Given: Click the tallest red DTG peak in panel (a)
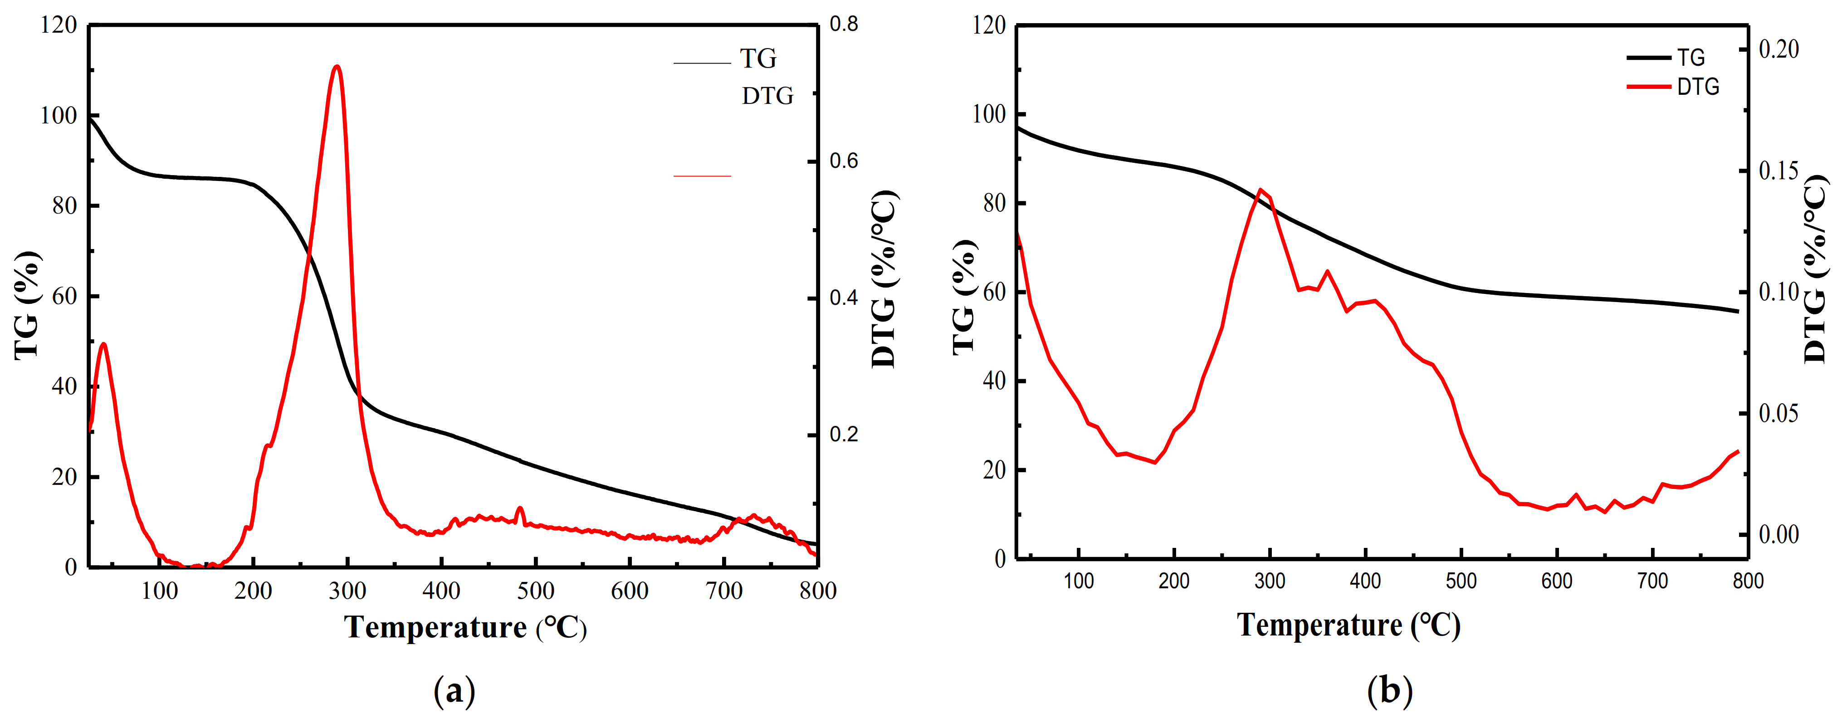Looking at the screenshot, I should tap(337, 67).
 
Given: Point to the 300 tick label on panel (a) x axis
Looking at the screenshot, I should tap(347, 591).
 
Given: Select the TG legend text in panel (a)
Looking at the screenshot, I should tap(758, 59).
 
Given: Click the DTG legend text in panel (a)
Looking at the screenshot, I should tap(767, 96).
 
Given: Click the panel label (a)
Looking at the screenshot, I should tap(454, 690).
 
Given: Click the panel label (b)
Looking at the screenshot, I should tap(1389, 690).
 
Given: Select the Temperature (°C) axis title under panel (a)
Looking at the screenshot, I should tap(465, 627).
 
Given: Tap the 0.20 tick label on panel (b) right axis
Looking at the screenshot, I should tap(1778, 49).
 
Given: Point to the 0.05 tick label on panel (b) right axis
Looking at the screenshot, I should tap(1778, 413).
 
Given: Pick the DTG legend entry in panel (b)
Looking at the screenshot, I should tap(1698, 87).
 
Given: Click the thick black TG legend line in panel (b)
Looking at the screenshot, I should tap(1648, 58).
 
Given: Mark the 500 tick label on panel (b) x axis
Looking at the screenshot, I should tap(1461, 581).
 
